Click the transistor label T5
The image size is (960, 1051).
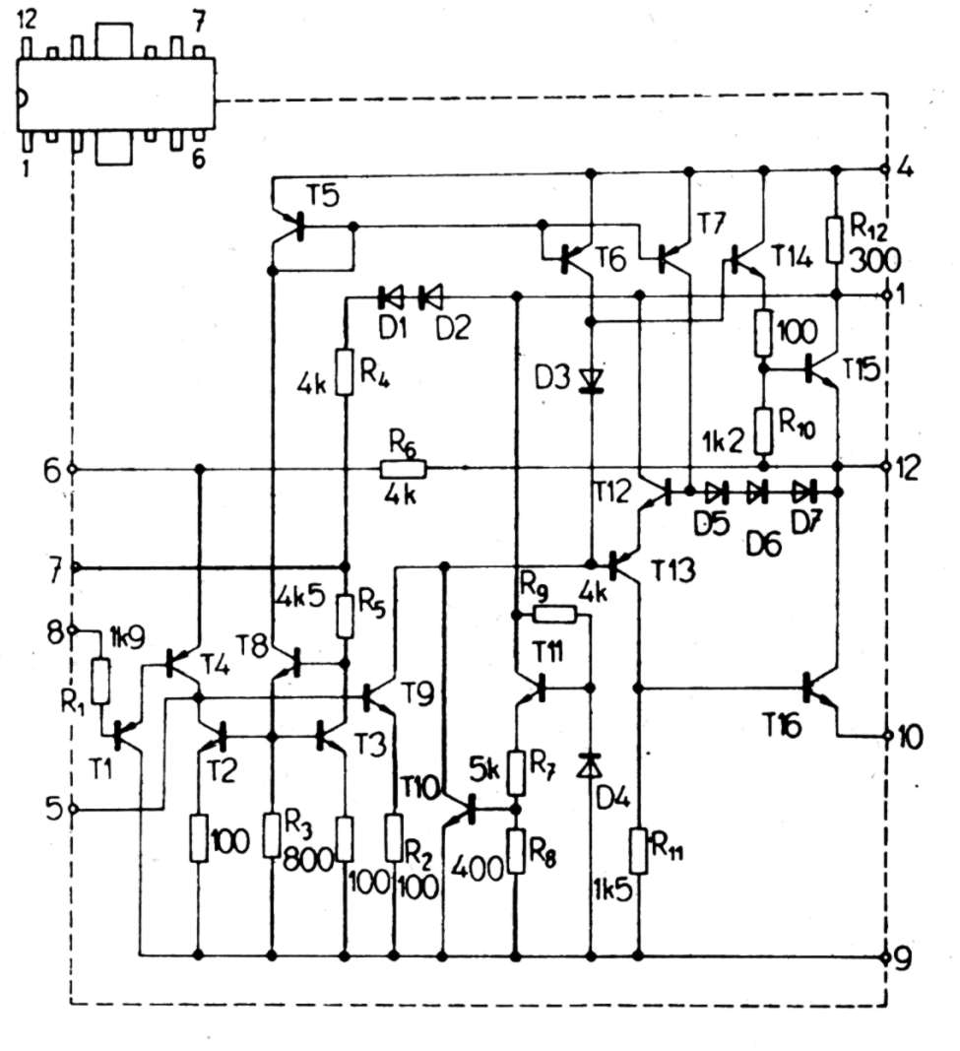pyautogui.click(x=322, y=194)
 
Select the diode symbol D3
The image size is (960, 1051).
pyautogui.click(x=591, y=378)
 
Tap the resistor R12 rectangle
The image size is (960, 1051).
pyautogui.click(x=836, y=239)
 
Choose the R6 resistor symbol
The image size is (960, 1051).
pyautogui.click(x=403, y=469)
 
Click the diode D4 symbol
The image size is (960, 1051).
pyautogui.click(x=591, y=764)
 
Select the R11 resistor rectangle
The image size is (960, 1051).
pyautogui.click(x=639, y=850)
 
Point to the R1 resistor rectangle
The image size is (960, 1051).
pyautogui.click(x=100, y=681)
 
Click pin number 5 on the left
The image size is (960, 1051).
pyautogui.click(x=54, y=809)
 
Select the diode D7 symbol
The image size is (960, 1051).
pyautogui.click(x=805, y=489)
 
